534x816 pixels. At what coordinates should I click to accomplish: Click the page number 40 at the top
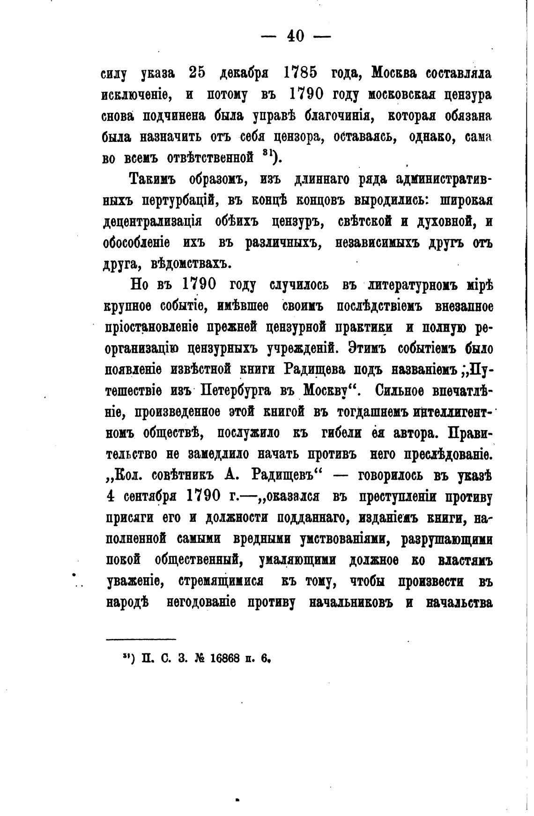coord(296,36)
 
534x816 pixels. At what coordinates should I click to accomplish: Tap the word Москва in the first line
coord(394,73)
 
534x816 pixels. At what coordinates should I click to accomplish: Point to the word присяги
coord(129,518)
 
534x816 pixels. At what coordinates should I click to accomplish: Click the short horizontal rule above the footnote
coord(141,639)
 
